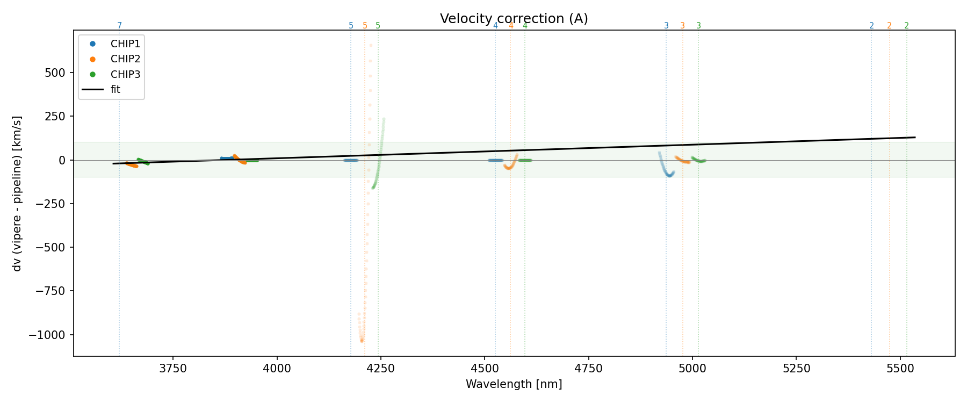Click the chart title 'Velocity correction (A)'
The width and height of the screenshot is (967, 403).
[514, 19]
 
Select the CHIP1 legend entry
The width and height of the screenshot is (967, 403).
[125, 44]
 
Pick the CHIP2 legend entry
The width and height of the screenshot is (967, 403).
[125, 59]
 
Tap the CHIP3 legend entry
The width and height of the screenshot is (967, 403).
[125, 75]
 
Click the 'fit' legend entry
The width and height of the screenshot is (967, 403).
[115, 90]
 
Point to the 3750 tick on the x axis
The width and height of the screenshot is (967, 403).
[173, 369]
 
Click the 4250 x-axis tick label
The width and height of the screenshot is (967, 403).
[381, 369]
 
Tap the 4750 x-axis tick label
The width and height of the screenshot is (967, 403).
[589, 369]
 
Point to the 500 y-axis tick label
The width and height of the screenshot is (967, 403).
[55, 73]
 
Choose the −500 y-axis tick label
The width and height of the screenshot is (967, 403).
[50, 248]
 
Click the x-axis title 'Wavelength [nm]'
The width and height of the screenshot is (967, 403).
[514, 384]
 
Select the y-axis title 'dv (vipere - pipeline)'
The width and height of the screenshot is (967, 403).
[17, 193]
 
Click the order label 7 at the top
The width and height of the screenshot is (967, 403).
[119, 26]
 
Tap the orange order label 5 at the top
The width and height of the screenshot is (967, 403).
[365, 26]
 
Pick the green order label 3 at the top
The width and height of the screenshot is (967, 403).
[698, 26]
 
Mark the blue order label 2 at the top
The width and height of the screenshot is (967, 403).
[871, 26]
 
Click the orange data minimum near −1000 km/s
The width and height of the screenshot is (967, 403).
[362, 340]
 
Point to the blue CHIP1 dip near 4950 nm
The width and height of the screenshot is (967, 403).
[669, 175]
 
